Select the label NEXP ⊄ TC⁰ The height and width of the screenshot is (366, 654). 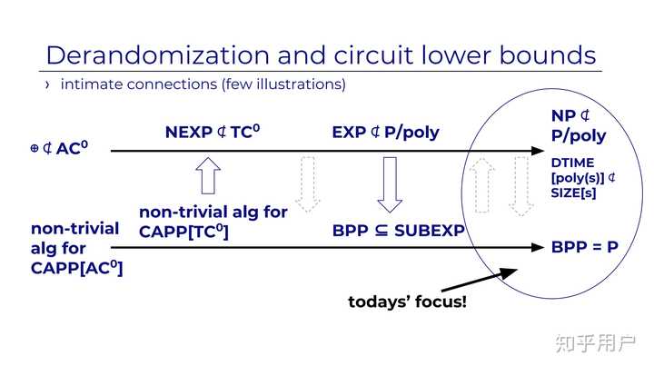tap(213, 132)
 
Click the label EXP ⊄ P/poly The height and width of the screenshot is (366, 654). tap(385, 132)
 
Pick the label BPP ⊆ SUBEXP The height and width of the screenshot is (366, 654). tap(398, 230)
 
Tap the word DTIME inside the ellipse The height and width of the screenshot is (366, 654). tap(573, 163)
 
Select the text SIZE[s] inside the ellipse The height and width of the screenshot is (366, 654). tap(573, 192)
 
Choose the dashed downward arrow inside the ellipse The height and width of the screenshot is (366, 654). tap(520, 185)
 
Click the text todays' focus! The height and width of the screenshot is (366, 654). tap(407, 301)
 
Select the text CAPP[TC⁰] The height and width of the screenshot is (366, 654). tap(183, 232)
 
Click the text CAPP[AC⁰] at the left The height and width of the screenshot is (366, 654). tap(77, 267)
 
